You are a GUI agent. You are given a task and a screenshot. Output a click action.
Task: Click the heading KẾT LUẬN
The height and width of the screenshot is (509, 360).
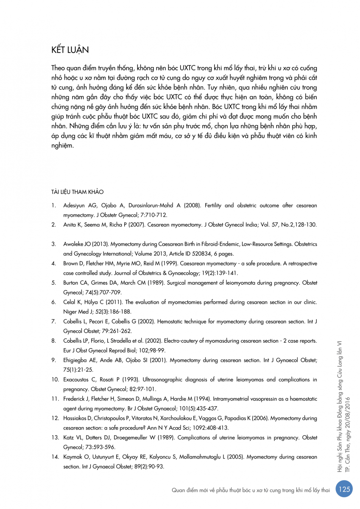[70, 49]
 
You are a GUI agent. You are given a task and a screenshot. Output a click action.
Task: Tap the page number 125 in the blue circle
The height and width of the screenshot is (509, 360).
[344, 489]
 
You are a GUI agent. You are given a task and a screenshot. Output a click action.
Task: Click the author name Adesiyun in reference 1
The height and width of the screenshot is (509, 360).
[75, 205]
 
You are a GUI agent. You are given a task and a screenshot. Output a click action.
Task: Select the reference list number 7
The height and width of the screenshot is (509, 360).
[54, 321]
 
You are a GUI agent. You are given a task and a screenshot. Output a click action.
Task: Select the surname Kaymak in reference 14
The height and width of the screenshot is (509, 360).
[73, 457]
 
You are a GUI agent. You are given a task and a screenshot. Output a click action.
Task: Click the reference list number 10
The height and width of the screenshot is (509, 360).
[55, 379]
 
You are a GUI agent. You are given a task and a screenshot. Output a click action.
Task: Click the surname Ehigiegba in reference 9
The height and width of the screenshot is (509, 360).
[75, 360]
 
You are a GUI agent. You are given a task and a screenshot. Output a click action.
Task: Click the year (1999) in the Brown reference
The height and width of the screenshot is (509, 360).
[161, 263]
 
